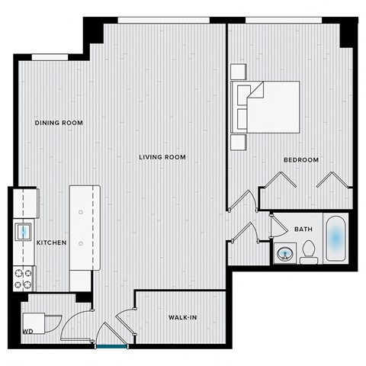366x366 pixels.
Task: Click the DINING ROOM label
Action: point(59,123)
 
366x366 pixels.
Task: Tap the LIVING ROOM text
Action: point(162,158)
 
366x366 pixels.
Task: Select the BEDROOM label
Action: point(301,160)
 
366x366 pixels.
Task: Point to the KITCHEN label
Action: point(52,242)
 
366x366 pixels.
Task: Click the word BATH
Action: point(303,229)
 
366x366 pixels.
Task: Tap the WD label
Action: point(27,332)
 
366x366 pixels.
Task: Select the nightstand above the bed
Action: point(239,71)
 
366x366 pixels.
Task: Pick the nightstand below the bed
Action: point(239,141)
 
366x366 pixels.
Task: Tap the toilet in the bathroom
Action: point(308,252)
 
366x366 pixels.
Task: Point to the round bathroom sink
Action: point(285,253)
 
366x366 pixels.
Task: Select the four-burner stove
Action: point(24,278)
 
